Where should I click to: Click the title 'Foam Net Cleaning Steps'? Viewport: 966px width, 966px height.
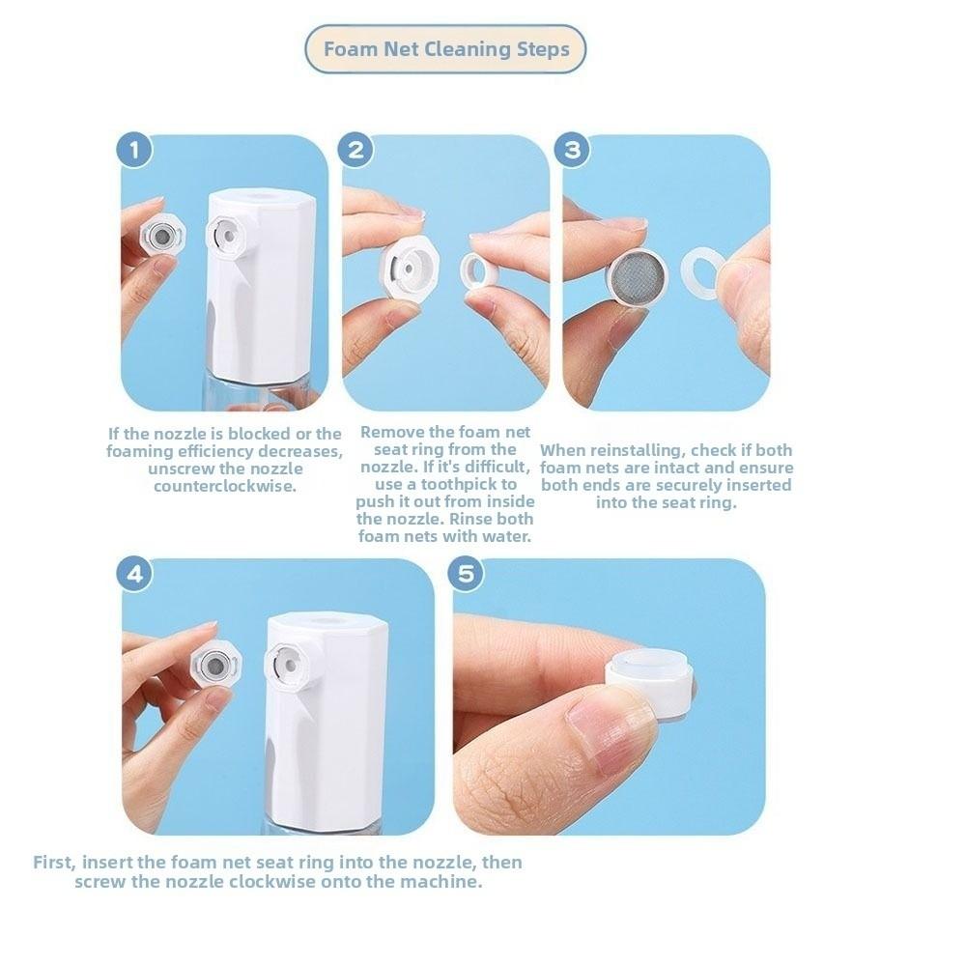(445, 49)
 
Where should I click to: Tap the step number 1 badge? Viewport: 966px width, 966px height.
(135, 151)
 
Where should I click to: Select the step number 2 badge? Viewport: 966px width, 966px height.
(356, 151)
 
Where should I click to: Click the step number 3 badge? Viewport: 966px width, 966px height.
(574, 151)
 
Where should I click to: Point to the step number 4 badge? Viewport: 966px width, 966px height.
(135, 574)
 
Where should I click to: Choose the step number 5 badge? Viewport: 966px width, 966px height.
(467, 574)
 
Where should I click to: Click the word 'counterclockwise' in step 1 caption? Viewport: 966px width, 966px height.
(224, 486)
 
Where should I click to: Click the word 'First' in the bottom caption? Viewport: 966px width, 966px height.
(53, 863)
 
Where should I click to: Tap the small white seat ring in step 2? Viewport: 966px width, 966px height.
(479, 270)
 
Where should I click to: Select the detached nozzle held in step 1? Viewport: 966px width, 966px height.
(161, 235)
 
